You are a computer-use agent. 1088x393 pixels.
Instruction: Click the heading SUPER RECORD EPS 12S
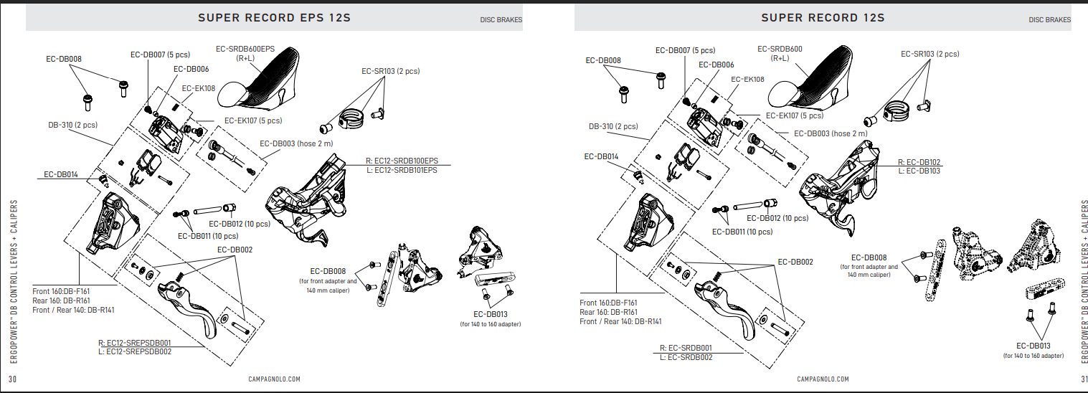pyautogui.click(x=274, y=17)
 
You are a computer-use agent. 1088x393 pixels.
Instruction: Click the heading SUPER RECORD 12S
pyautogui.click(x=823, y=17)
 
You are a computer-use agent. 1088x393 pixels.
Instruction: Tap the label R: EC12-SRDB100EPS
pyautogui.click(x=401, y=161)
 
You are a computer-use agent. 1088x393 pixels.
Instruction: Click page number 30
pyautogui.click(x=12, y=379)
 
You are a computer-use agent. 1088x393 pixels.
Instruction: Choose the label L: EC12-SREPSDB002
pyautogui.click(x=138, y=351)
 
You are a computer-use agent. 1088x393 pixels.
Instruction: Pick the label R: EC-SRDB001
pyautogui.click(x=686, y=348)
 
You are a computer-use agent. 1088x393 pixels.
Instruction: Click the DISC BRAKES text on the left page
pyautogui.click(x=501, y=20)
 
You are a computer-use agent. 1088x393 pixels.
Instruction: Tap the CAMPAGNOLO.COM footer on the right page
pyautogui.click(x=823, y=379)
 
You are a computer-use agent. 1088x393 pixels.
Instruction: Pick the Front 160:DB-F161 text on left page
pyautogui.click(x=61, y=291)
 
